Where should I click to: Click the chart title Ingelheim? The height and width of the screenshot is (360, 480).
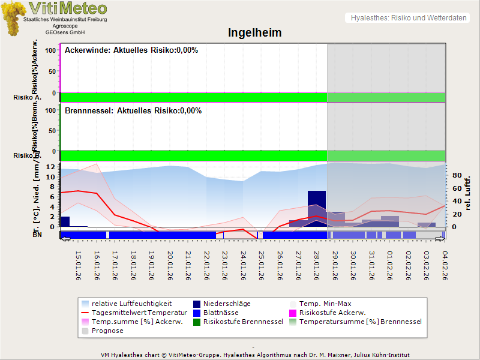254,32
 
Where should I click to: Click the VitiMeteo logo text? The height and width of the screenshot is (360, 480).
68,8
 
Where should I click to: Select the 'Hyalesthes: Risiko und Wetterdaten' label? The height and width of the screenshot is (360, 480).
408,18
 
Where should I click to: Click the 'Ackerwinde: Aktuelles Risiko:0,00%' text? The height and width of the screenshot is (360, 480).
131,50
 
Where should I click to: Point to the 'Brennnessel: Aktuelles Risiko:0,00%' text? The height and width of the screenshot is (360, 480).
133,111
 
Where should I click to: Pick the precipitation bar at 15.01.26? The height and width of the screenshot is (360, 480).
65,221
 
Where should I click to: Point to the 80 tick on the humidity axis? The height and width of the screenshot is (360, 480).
457,176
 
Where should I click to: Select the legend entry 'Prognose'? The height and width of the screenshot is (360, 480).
107,331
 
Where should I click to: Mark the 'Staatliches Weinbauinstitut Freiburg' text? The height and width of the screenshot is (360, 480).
65,20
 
